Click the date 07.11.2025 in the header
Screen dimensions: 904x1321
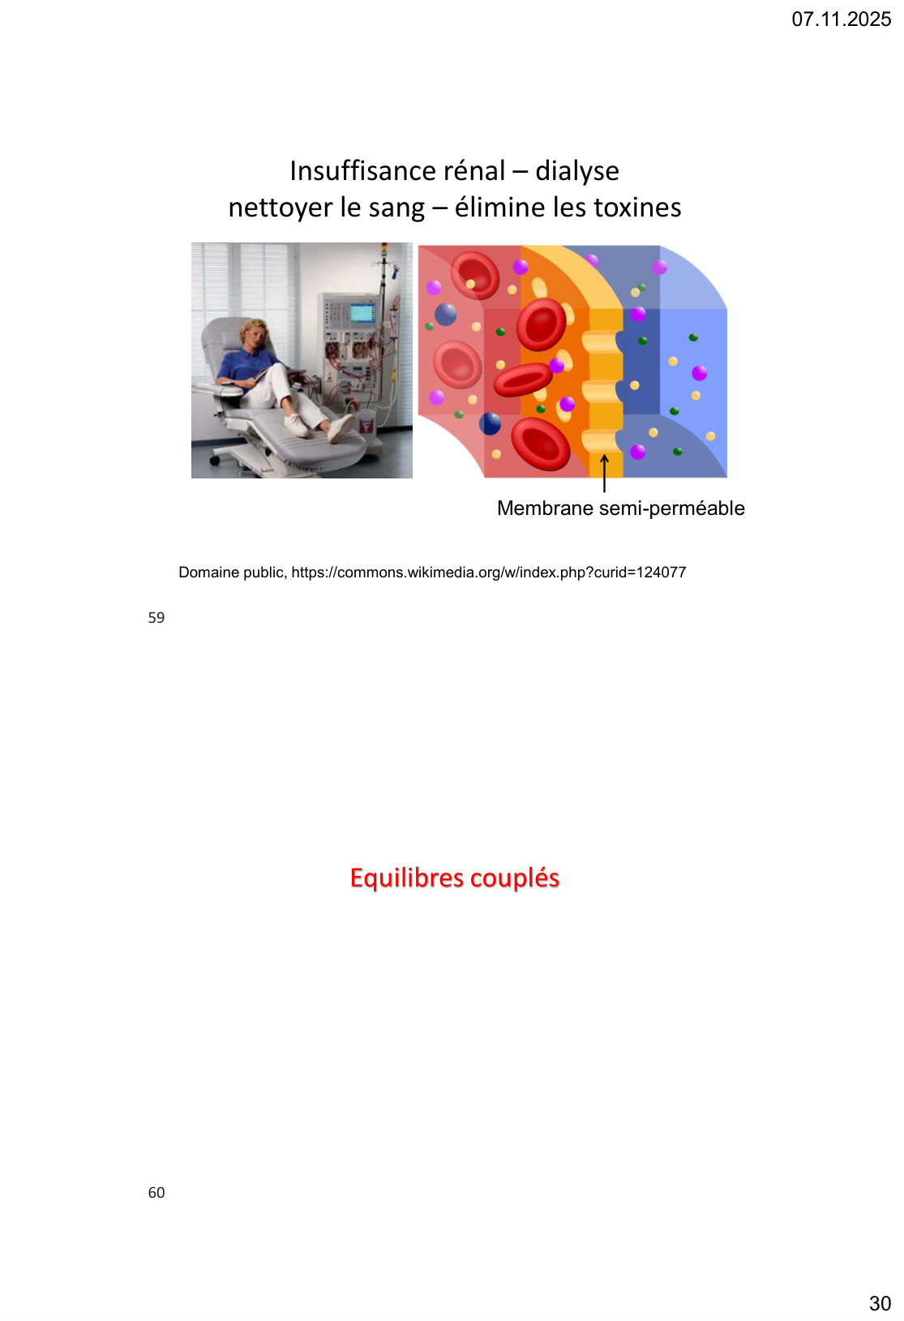(x=841, y=19)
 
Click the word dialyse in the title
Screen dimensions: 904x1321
(x=576, y=172)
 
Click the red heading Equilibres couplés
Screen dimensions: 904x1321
(x=454, y=878)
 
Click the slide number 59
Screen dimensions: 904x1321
(x=156, y=617)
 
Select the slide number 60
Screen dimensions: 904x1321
(x=156, y=1192)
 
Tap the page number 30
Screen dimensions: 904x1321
(x=880, y=1303)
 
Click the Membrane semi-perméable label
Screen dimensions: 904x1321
(x=620, y=508)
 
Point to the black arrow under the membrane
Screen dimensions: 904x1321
(x=604, y=473)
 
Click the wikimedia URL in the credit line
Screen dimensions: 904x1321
(x=488, y=573)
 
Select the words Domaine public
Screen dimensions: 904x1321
(x=233, y=573)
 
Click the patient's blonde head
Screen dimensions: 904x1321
(x=252, y=332)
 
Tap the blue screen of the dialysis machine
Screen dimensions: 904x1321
(x=362, y=312)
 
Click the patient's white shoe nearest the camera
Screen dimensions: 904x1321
(x=341, y=428)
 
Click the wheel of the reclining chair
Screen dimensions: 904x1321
(x=215, y=460)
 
